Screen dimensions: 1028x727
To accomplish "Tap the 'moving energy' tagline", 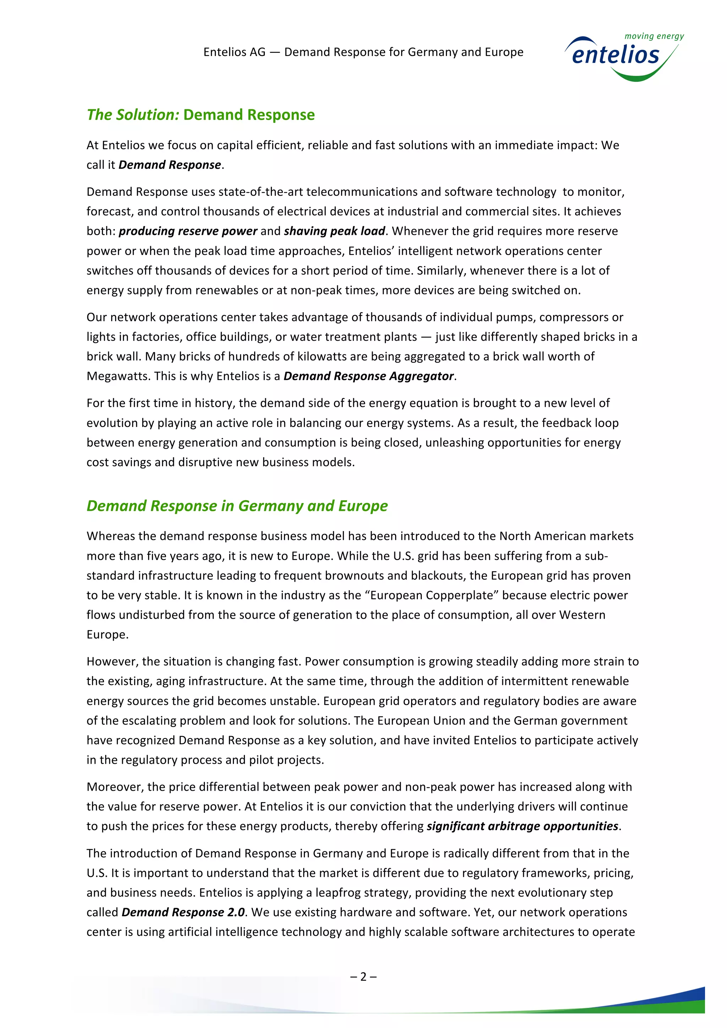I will point(654,36).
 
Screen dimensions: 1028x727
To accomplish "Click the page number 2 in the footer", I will point(363,977).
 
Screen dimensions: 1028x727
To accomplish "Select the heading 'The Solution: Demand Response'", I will point(201,115).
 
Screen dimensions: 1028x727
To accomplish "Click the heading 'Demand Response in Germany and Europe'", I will point(237,505).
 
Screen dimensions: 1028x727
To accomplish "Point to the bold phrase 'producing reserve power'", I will point(188,231).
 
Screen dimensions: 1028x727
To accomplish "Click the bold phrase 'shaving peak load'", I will point(334,231).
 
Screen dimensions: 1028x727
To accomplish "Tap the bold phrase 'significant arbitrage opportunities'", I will point(522,826).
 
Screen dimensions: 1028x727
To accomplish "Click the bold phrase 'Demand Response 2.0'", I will point(183,912).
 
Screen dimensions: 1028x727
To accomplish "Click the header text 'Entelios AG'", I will point(234,52).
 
